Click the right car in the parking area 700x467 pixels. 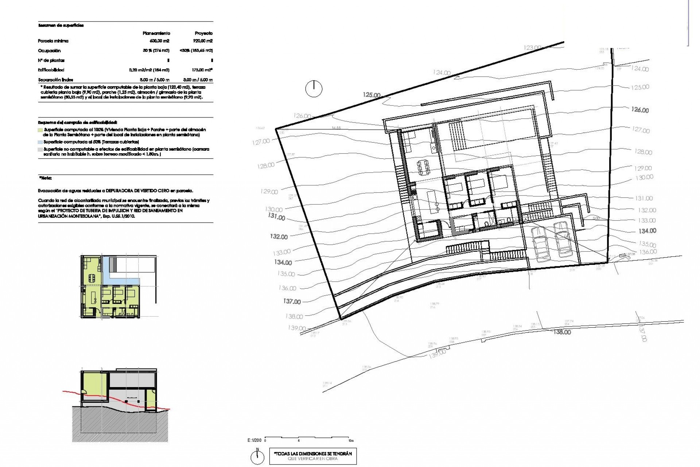(x=563, y=239)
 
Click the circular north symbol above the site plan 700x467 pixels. (x=314, y=89)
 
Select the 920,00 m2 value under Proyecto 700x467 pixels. (x=203, y=41)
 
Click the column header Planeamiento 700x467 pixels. (x=156, y=33)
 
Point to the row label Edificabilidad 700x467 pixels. (x=51, y=70)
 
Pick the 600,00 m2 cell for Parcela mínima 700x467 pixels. (x=159, y=41)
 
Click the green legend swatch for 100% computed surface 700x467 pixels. (x=40, y=130)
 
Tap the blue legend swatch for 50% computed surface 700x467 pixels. (x=40, y=142)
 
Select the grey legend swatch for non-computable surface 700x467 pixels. (x=40, y=150)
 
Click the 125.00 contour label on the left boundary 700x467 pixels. (x=372, y=95)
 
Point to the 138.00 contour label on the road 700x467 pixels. (x=562, y=332)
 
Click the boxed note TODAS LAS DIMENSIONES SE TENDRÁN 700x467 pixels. (x=313, y=456)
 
